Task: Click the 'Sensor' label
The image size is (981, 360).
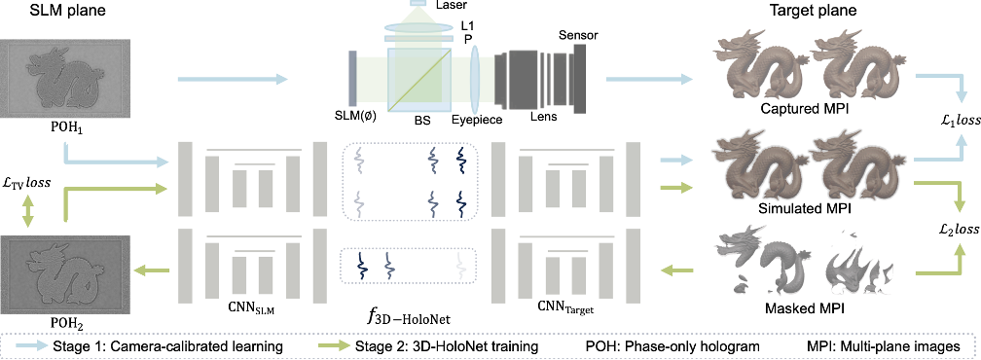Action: tap(578, 35)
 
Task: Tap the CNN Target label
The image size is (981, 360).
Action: tap(565, 309)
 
